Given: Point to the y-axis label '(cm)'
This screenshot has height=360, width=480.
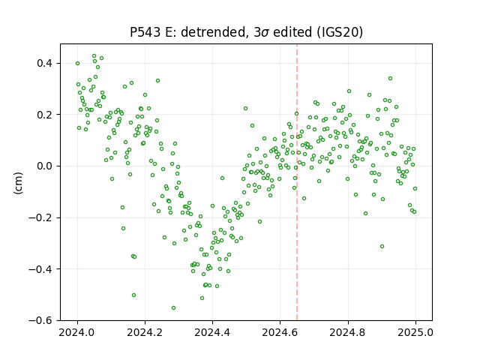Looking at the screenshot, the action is click(18, 183).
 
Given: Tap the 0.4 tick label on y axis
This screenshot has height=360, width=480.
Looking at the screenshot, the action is click(45, 63).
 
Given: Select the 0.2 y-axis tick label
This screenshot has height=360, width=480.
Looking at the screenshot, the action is click(45, 115).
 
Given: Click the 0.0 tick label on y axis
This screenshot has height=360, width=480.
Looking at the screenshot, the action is click(45, 166).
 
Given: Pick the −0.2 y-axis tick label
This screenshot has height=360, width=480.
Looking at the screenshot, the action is click(41, 217).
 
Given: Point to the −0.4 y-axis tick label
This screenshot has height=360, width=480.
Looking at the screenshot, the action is click(41, 269).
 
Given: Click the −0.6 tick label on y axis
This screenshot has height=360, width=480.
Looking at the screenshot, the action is click(41, 320).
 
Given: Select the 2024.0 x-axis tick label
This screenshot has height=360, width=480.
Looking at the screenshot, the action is click(77, 332).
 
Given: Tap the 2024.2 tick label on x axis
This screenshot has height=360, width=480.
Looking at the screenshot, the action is click(145, 332).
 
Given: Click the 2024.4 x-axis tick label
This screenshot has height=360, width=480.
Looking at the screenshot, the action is click(212, 332).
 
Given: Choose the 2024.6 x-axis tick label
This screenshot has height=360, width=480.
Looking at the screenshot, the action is click(280, 332).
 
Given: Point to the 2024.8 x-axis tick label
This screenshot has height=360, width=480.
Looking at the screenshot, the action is click(348, 332).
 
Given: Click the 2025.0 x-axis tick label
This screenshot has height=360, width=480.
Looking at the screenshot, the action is click(415, 332).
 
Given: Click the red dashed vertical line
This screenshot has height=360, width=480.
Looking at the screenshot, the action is click(297, 182).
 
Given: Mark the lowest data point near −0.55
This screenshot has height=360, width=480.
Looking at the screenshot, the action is click(173, 307).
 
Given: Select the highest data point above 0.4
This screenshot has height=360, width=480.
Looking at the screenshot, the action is click(94, 56).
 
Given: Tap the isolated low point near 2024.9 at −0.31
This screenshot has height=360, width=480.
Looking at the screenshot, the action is click(382, 247).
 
